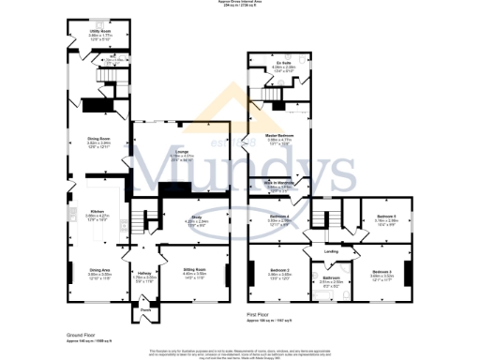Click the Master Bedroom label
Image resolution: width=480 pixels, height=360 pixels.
[281, 136]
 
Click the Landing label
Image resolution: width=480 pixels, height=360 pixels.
[330, 250]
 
